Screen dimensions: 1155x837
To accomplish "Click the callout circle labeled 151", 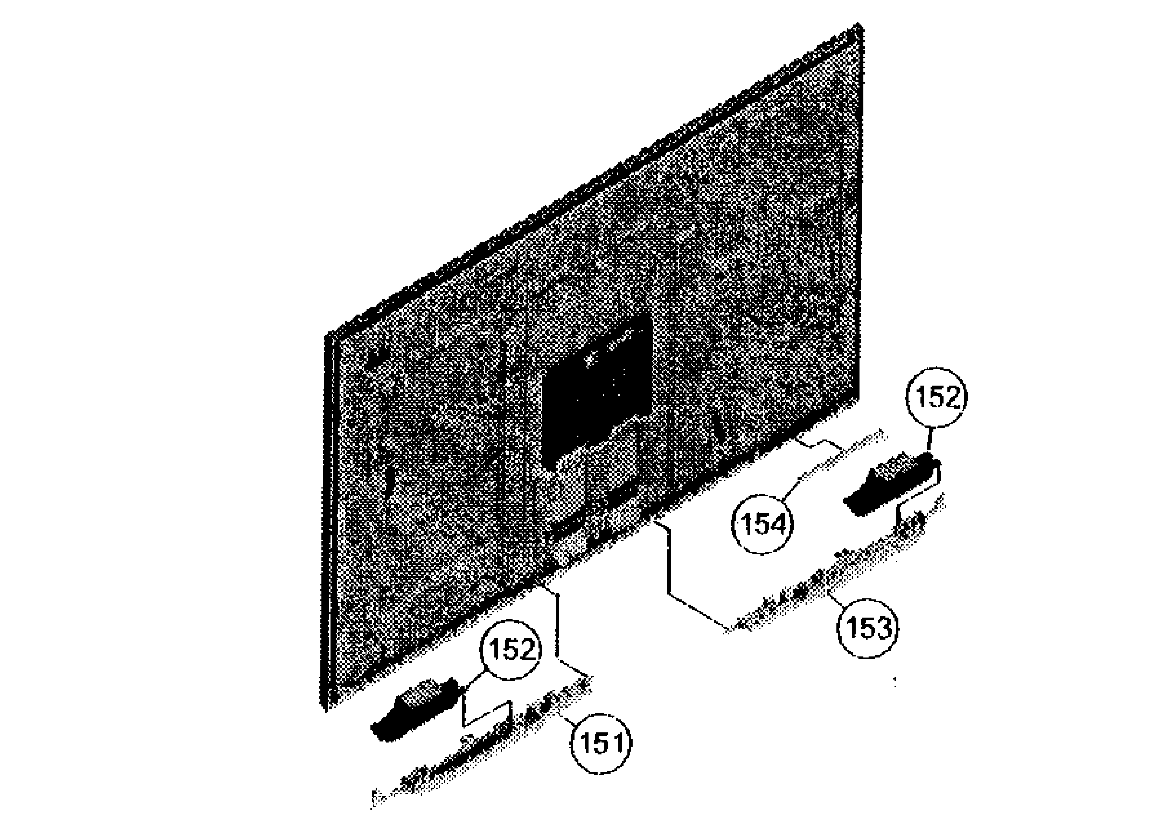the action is pos(601,743).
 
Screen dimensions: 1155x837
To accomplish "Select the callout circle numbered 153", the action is pos(868,628).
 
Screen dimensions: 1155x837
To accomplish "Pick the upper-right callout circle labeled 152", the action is pos(937,398).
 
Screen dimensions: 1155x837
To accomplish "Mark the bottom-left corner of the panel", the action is pos(327,708).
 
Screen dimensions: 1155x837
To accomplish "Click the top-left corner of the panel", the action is pos(326,336).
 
